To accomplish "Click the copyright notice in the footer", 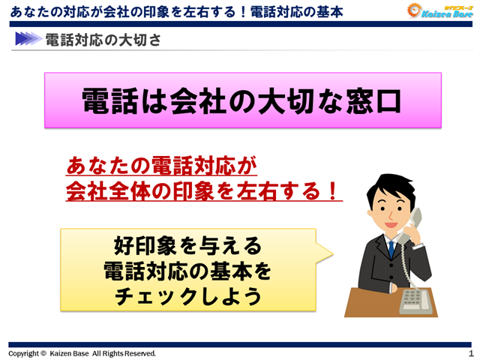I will click(82, 353).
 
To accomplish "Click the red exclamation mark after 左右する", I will click(331, 190).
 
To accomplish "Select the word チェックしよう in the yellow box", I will click(188, 296).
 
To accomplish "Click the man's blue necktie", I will click(390, 247).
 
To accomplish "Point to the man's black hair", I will click(390, 184).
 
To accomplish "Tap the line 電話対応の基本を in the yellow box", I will click(188, 271).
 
